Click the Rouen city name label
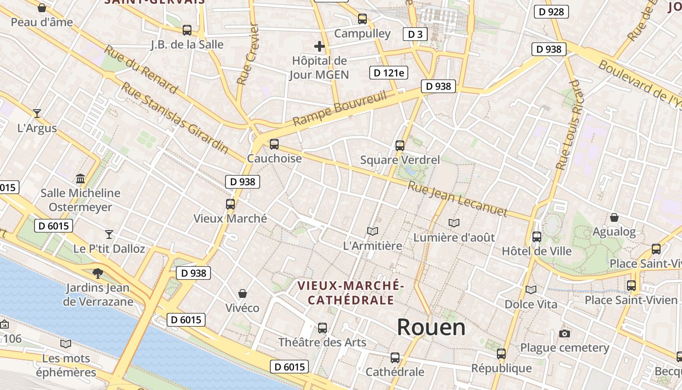(431, 327)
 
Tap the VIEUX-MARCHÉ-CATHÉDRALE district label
(350, 292)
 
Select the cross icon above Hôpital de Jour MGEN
(320, 46)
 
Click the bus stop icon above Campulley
(362, 19)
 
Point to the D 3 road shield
(415, 34)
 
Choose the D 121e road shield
(388, 73)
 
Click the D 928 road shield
(551, 12)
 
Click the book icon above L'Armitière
(373, 231)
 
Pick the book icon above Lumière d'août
(454, 223)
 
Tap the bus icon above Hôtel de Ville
(536, 237)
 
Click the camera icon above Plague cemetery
(565, 333)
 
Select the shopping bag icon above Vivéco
(242, 293)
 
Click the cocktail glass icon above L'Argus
(37, 114)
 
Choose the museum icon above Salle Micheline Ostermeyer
(80, 178)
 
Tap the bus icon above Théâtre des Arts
(322, 328)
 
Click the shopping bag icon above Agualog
(614, 217)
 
